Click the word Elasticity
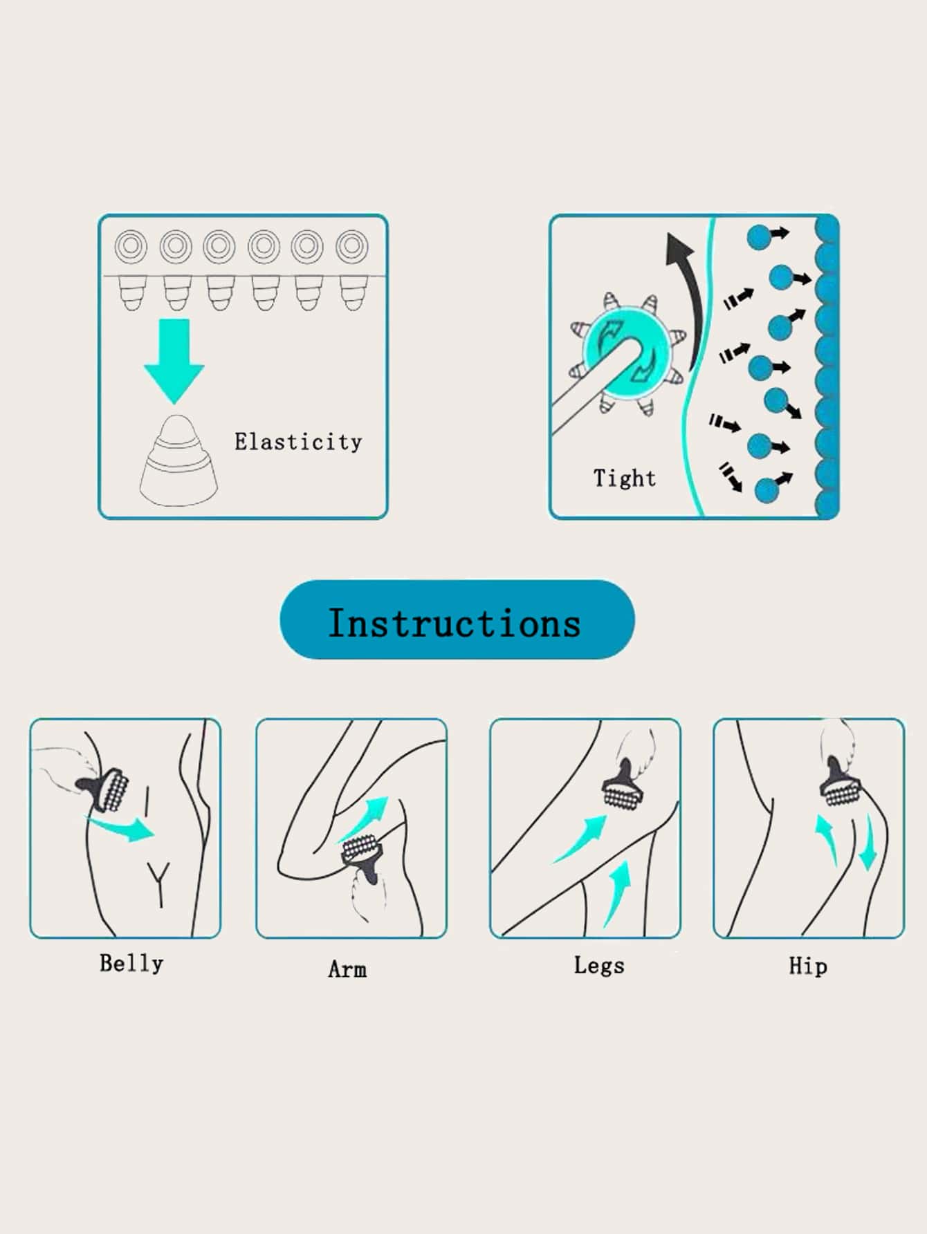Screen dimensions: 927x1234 (x=298, y=442)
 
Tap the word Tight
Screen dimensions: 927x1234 (x=625, y=478)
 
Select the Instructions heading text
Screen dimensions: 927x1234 (x=455, y=623)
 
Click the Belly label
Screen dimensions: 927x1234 (x=131, y=964)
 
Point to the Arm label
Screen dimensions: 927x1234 (x=347, y=969)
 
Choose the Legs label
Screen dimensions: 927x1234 (x=599, y=966)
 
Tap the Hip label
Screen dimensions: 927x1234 (x=808, y=966)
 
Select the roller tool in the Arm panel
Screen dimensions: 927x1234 (x=361, y=858)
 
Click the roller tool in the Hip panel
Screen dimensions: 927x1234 (x=841, y=783)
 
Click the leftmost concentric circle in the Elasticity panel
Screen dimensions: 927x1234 (x=131, y=246)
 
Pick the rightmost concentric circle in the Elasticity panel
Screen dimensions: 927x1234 (x=351, y=246)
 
